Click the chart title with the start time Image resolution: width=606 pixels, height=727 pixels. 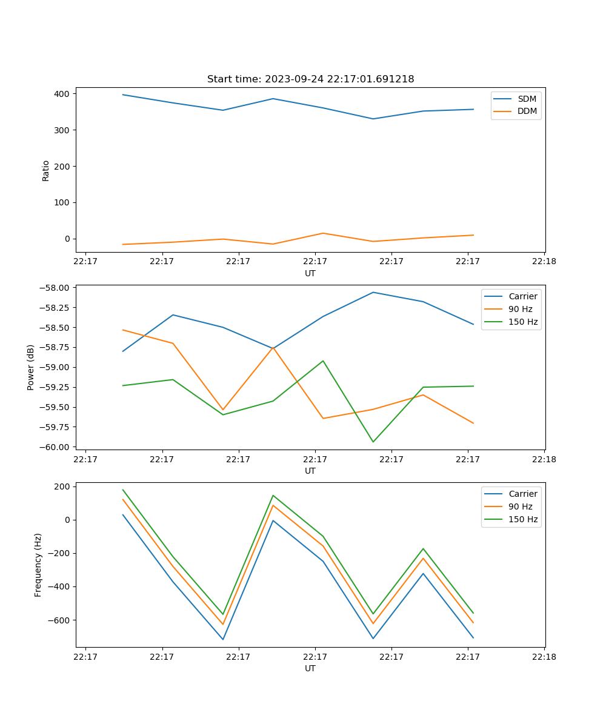(x=310, y=79)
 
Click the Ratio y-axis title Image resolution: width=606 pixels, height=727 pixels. (x=46, y=170)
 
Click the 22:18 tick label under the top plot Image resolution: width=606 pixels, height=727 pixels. (x=544, y=262)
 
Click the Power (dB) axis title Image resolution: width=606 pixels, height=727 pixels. (x=31, y=367)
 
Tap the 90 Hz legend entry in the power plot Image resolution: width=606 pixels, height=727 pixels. (x=520, y=309)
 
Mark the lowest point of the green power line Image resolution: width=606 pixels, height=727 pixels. (x=373, y=442)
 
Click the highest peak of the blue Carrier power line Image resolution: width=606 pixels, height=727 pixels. (x=373, y=292)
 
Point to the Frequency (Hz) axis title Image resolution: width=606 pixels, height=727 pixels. (x=38, y=565)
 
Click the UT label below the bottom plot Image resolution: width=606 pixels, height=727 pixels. (x=310, y=668)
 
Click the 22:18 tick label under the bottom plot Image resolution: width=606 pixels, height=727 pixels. (x=544, y=657)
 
